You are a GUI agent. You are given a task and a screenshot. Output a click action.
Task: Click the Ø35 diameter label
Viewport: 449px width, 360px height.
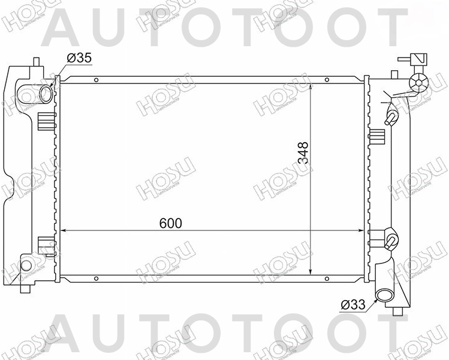[x=79, y=58]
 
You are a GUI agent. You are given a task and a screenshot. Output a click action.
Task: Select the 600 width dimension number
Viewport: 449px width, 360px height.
[x=171, y=223]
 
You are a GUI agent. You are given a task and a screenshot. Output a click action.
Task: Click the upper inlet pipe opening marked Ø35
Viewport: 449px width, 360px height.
[x=45, y=94]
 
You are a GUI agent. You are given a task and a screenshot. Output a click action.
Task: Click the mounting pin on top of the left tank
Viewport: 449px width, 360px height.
[x=37, y=62]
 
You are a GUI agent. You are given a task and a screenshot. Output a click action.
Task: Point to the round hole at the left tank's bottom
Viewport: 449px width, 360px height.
[x=26, y=265]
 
